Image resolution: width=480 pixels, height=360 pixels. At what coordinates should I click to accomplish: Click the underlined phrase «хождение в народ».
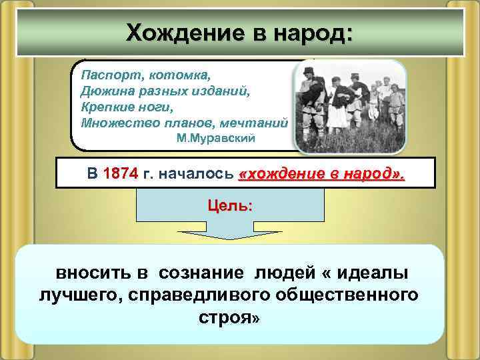pyautogui.click(x=321, y=175)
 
